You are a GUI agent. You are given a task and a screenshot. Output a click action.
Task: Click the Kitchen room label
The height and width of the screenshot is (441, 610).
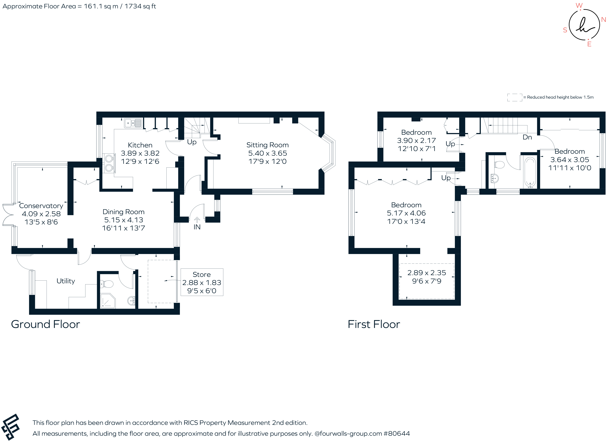pyautogui.click(x=140, y=145)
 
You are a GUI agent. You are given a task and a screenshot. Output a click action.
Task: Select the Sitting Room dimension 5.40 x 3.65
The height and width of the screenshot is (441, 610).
pyautogui.click(x=267, y=153)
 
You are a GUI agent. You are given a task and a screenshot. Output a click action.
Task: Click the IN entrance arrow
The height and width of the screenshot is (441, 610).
pyautogui.click(x=197, y=220)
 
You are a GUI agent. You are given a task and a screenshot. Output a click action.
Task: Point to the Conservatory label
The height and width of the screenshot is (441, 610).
pyautogui.click(x=41, y=206)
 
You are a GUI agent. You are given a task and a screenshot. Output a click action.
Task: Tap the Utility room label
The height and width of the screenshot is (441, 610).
pyautogui.click(x=66, y=281)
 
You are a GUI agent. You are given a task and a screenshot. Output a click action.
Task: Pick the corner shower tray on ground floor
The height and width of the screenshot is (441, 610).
pyautogui.click(x=107, y=301)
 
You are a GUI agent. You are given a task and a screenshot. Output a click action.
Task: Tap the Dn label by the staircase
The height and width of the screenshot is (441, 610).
pyautogui.click(x=527, y=137)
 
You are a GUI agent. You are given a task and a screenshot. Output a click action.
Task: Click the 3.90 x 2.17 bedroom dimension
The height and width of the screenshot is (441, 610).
pyautogui.click(x=416, y=140)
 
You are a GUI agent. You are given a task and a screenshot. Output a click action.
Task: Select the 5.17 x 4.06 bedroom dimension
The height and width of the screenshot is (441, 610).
pyautogui.click(x=406, y=213)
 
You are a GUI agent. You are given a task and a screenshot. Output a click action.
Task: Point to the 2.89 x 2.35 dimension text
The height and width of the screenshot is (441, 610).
pyautogui.click(x=426, y=273)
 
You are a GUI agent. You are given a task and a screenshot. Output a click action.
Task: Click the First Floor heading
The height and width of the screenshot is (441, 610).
pyautogui.click(x=374, y=324)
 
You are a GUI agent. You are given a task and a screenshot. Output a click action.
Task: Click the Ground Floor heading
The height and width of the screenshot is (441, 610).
pyautogui.click(x=45, y=324)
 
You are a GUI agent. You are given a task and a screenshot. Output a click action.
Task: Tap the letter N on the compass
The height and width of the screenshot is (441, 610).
pyautogui.click(x=604, y=20)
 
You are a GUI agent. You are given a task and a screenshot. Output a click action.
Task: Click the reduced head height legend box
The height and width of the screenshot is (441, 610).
pyautogui.click(x=514, y=97)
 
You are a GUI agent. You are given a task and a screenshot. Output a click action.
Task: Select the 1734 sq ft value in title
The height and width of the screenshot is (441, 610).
pyautogui.click(x=140, y=6)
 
